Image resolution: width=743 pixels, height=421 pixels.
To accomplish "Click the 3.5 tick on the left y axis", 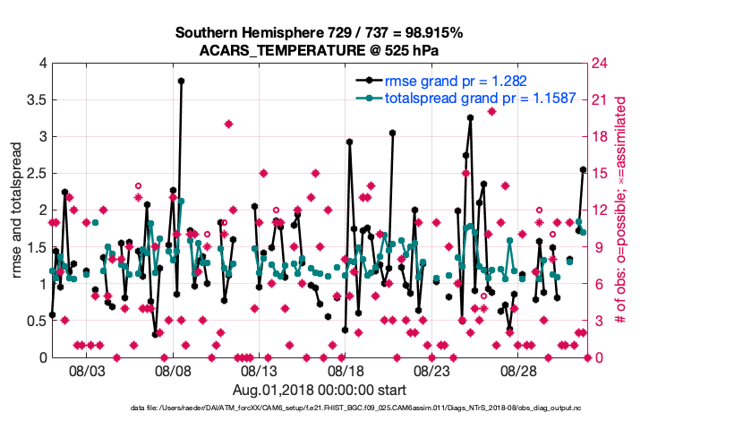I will [x=35, y=100].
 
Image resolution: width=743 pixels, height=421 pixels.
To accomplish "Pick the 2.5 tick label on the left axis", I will [x=35, y=174].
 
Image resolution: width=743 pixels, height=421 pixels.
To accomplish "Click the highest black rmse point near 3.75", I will [x=181, y=81].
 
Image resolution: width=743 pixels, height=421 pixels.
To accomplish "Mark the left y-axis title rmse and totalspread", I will [x=17, y=210].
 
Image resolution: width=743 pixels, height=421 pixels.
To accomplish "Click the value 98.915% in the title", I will [x=430, y=33].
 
